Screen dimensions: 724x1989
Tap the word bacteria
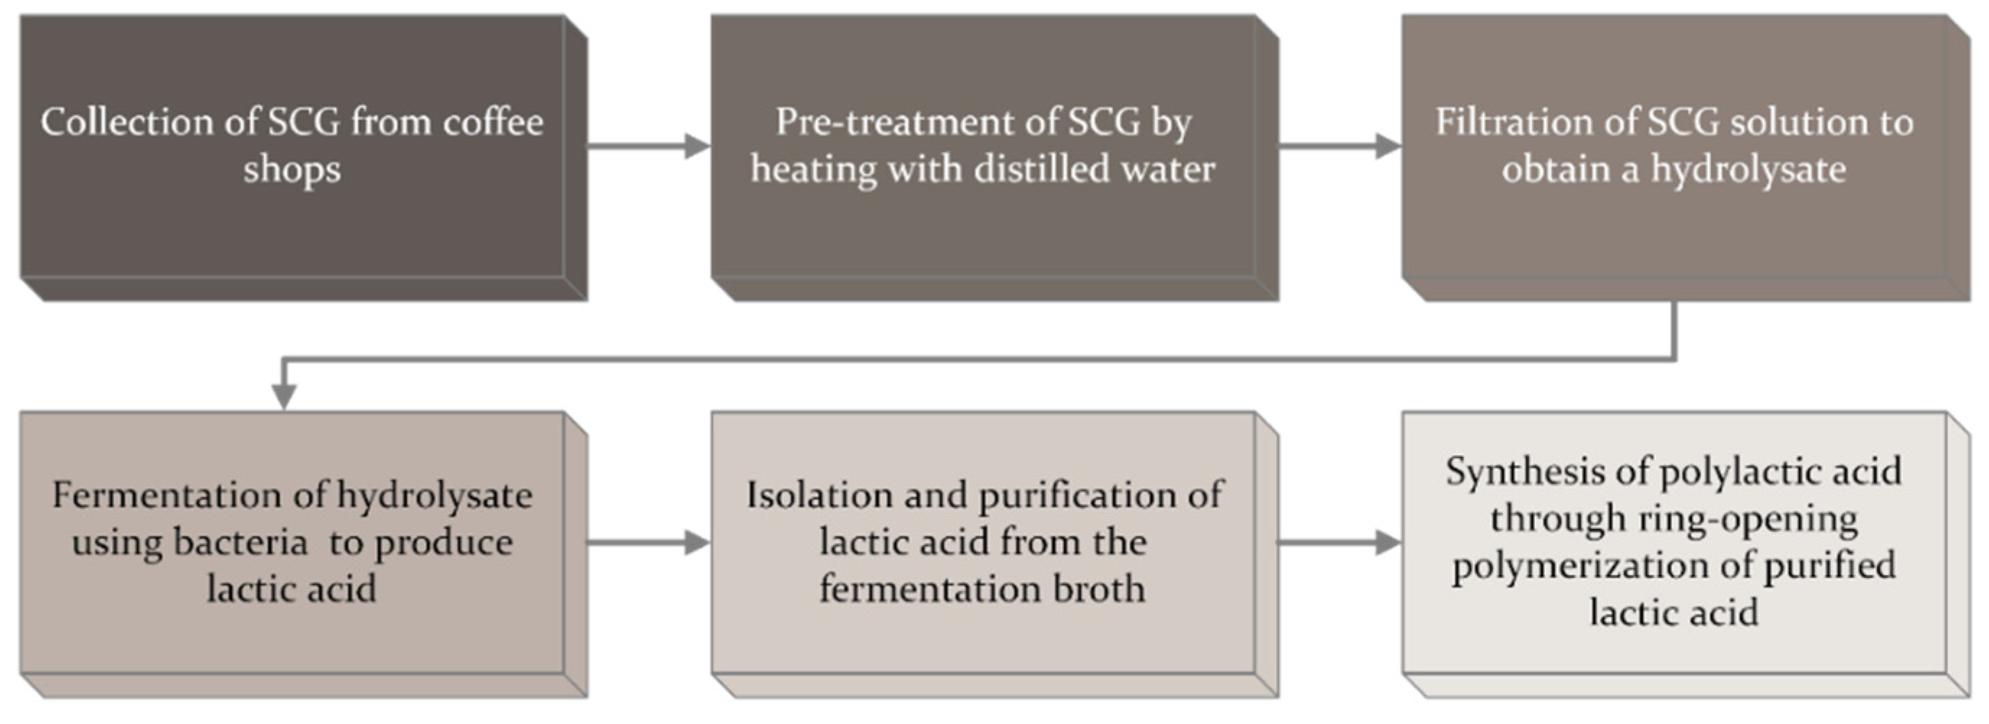click(240, 542)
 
